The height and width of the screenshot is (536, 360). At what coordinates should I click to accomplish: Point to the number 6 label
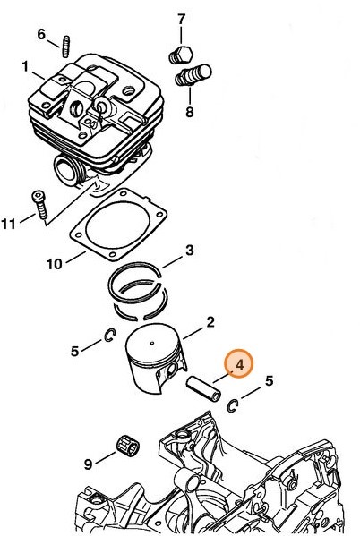point(41,34)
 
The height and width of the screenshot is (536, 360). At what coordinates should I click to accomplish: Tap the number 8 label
point(189,112)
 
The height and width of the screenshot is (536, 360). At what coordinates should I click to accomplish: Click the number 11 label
point(9,224)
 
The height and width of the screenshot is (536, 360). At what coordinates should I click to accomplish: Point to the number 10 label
point(53,264)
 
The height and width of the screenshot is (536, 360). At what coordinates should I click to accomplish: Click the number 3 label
point(189,250)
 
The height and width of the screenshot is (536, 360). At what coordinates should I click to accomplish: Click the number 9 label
point(88,463)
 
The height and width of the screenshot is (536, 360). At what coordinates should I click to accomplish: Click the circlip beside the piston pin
point(232,405)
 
